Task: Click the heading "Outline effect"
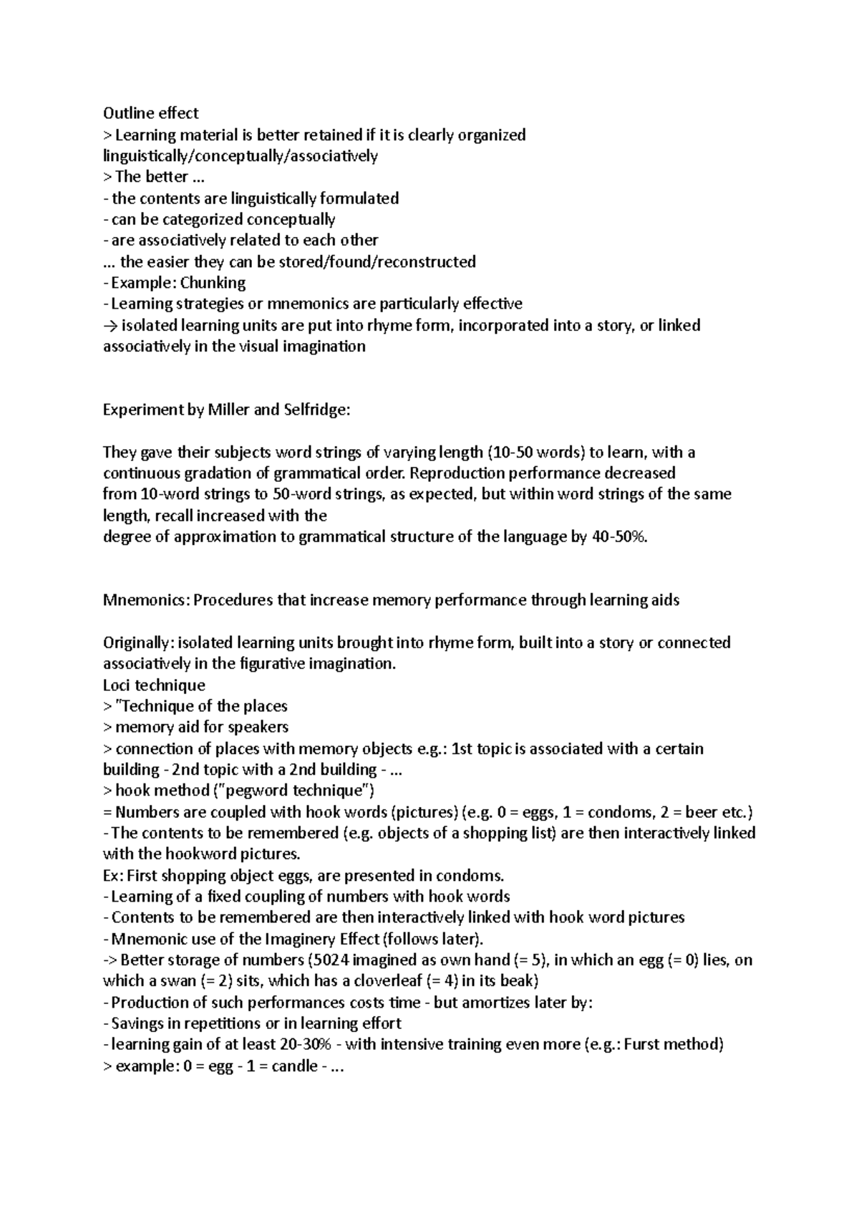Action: [150, 113]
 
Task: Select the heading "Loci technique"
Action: [154, 685]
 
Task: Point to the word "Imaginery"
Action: [300, 939]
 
